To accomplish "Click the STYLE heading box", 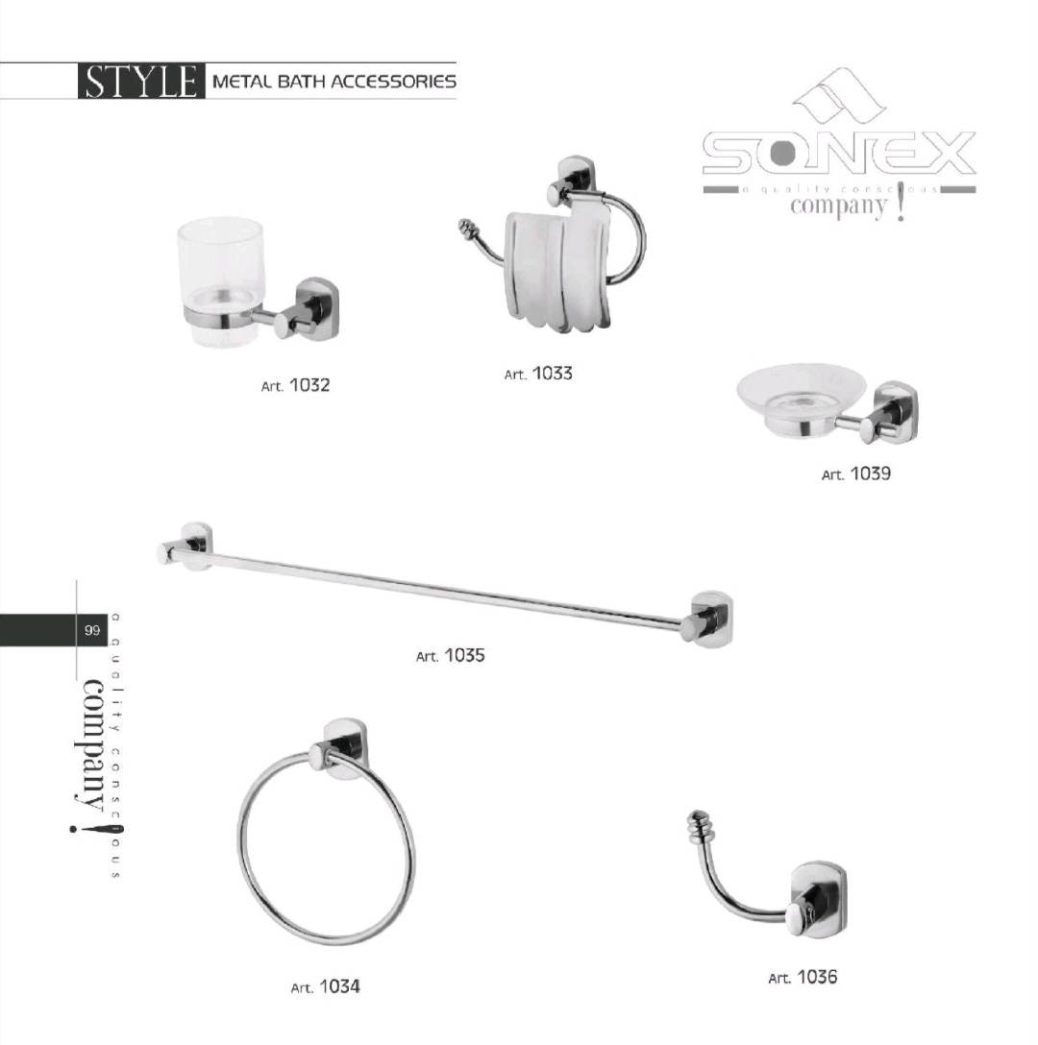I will (139, 81).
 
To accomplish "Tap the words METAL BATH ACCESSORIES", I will (333, 82).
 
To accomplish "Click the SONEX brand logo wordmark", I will (838, 154).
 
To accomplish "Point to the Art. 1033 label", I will (538, 374).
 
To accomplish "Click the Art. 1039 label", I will (856, 474).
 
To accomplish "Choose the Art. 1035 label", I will (450, 656).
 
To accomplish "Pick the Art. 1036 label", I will (803, 978).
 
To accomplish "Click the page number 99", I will (92, 631).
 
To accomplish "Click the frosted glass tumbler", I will (220, 279).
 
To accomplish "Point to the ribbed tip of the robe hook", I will (699, 825).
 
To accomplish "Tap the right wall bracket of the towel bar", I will (709, 619).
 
